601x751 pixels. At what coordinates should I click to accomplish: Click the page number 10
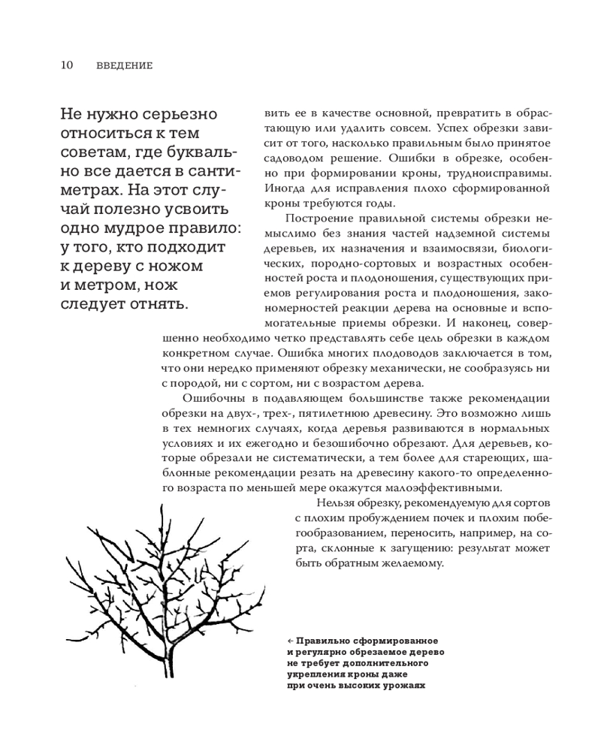click(65, 65)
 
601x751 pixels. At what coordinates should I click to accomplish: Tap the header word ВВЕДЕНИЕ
click(125, 66)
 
